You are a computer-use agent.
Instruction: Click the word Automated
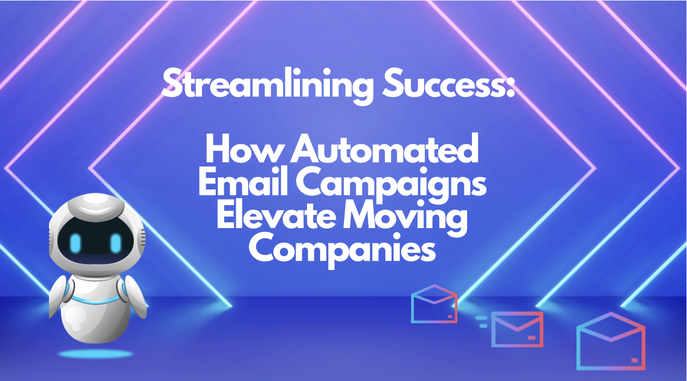pos(384,151)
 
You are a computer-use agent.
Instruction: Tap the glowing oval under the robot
pos(96,354)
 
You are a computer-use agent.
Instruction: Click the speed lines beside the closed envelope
pos(482,321)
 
